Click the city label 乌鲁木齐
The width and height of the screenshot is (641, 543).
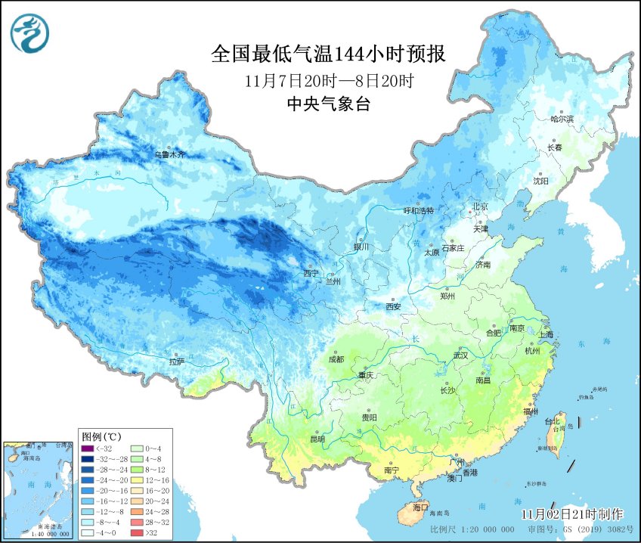169,154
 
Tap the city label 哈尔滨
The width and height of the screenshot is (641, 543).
562,119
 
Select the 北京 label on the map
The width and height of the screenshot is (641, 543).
480,206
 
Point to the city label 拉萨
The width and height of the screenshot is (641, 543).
176,361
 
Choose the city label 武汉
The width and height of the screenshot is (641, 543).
460,355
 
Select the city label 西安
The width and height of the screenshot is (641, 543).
393,306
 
